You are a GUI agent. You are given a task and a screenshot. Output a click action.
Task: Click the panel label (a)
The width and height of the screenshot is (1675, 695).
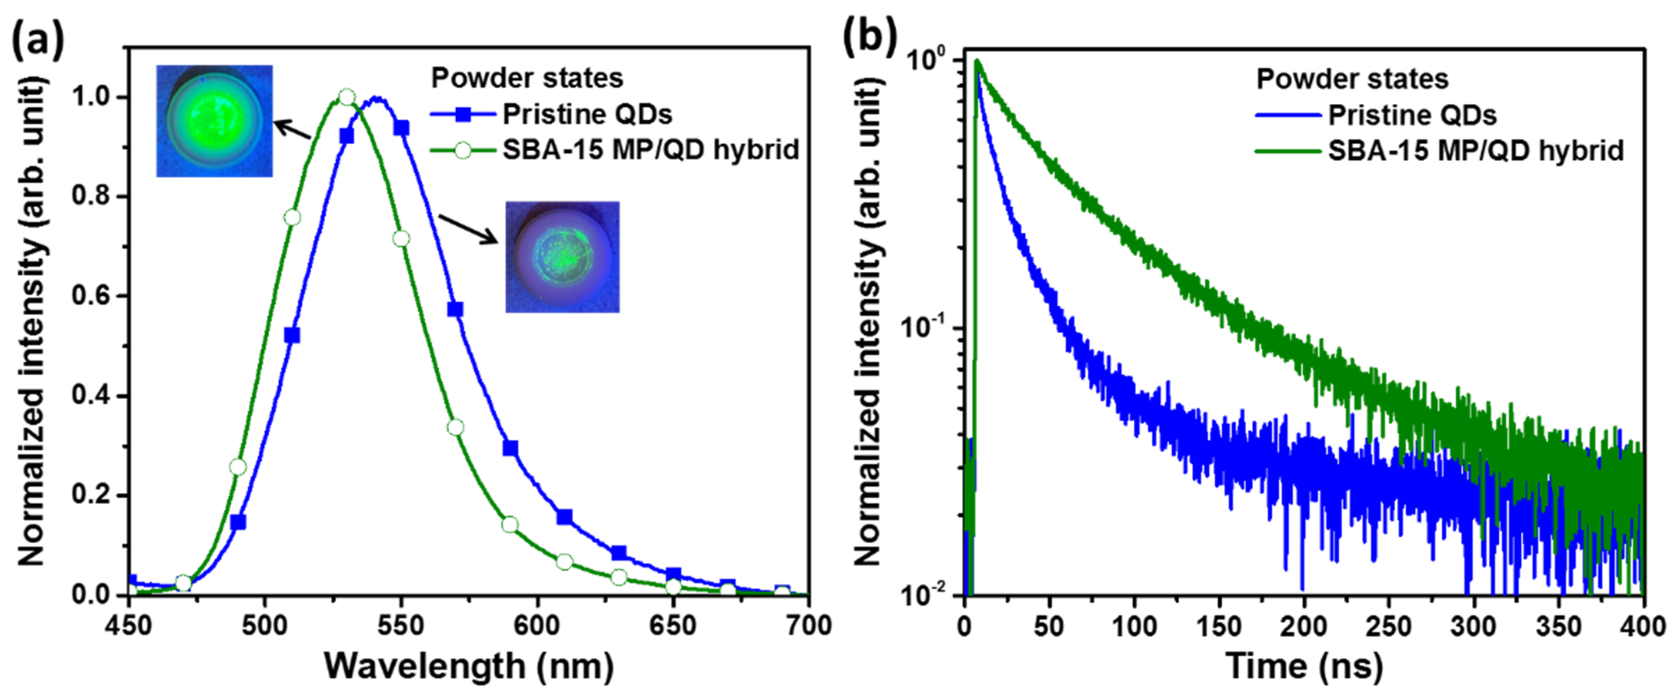[x=38, y=40]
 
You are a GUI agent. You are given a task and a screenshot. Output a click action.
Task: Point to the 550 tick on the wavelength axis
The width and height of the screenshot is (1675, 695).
[x=401, y=625]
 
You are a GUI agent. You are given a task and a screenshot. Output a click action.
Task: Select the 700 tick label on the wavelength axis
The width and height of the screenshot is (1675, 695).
[x=808, y=625]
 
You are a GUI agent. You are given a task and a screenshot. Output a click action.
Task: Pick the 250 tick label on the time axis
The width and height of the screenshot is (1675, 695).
[x=1389, y=625]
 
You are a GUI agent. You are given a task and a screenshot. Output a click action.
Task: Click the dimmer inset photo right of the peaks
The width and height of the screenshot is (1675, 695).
[x=562, y=257]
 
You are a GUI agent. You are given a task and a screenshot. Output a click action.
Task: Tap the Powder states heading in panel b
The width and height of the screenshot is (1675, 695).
[x=1352, y=79]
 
